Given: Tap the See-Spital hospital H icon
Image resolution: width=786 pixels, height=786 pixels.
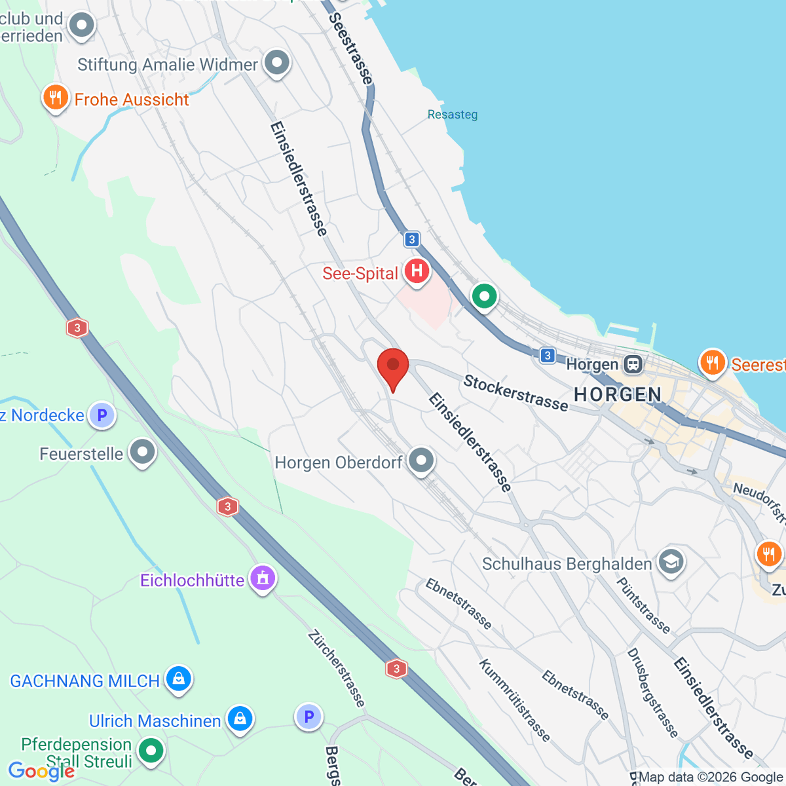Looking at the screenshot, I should click(417, 271).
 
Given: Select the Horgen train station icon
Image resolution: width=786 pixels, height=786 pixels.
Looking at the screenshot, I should click(633, 364).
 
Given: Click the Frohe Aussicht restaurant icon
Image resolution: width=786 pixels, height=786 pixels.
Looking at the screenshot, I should click(56, 98).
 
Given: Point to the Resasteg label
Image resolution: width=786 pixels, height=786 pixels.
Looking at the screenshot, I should click(453, 115).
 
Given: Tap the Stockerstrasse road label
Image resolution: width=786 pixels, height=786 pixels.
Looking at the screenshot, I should click(515, 392).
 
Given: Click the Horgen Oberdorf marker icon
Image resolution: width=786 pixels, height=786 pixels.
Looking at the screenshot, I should click(421, 460).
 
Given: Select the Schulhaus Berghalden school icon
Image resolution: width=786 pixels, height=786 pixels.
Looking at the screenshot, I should click(671, 562).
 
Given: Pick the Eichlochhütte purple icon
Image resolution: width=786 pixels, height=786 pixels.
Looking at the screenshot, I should click(263, 578).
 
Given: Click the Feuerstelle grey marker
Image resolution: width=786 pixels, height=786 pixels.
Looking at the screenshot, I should click(142, 452).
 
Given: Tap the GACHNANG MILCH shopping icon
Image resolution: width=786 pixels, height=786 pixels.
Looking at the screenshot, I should click(178, 679).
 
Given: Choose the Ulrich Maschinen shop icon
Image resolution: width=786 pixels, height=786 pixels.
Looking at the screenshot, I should click(240, 719).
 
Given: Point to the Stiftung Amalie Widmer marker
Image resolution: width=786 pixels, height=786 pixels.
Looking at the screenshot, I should click(276, 64).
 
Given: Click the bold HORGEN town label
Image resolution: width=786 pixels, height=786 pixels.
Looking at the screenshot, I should click(618, 394).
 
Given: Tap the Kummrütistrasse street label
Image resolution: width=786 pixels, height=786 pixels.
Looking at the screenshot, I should click(514, 700).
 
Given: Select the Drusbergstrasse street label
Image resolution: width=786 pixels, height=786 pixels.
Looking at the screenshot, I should click(652, 692).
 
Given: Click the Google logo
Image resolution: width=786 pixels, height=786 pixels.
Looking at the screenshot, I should click(41, 772).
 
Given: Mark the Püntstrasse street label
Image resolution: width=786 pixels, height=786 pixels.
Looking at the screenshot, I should click(643, 606).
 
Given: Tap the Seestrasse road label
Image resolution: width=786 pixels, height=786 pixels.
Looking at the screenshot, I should click(351, 49).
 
